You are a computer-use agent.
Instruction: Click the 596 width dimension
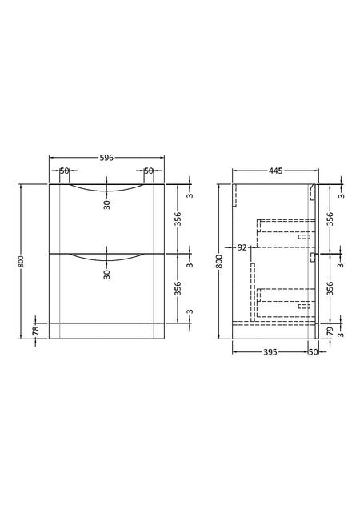(106, 158)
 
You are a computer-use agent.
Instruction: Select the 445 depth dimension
(276, 171)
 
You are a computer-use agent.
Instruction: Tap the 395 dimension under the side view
(270, 352)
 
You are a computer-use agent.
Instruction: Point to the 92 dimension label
(242, 248)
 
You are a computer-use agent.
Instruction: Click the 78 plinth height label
(36, 331)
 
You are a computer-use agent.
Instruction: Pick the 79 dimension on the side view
(330, 331)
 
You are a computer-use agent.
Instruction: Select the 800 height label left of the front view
(22, 261)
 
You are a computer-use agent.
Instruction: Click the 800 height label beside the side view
(220, 261)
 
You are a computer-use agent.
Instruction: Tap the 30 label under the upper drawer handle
(107, 205)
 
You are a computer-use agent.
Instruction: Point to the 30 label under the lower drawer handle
(107, 274)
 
